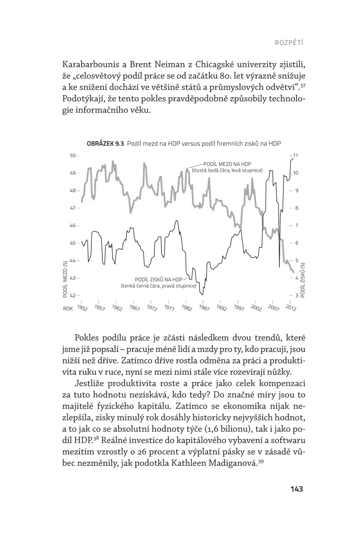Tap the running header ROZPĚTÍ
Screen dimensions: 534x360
289,43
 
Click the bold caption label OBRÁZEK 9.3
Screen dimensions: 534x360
105,144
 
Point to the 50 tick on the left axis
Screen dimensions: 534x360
73,156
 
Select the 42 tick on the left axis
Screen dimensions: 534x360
73,296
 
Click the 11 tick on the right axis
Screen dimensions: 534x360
296,156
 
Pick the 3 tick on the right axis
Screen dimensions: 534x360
297,296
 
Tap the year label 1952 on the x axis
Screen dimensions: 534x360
82,308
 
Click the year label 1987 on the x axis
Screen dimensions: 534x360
204,308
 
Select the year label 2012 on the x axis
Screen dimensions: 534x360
291,308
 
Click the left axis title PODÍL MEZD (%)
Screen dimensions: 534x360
65,279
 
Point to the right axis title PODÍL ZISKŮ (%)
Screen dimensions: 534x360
303,279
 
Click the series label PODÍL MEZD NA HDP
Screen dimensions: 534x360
227,164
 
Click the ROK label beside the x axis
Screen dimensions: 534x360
68,309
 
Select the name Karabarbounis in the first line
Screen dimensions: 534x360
89,65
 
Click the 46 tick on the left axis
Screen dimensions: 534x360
73,225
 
